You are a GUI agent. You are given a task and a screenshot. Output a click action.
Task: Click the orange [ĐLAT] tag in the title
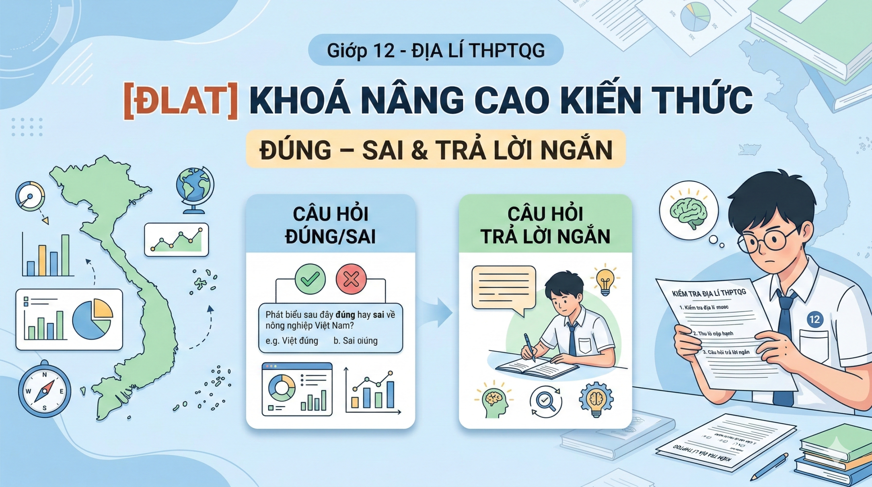[180, 102]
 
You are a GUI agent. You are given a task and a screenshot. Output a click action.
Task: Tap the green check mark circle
[310, 279]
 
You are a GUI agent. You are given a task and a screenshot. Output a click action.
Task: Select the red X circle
[351, 279]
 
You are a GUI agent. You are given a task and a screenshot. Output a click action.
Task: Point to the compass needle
[44, 391]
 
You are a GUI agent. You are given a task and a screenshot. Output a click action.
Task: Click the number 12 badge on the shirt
[814, 319]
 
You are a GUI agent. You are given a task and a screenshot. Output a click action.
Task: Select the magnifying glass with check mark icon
[545, 401]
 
